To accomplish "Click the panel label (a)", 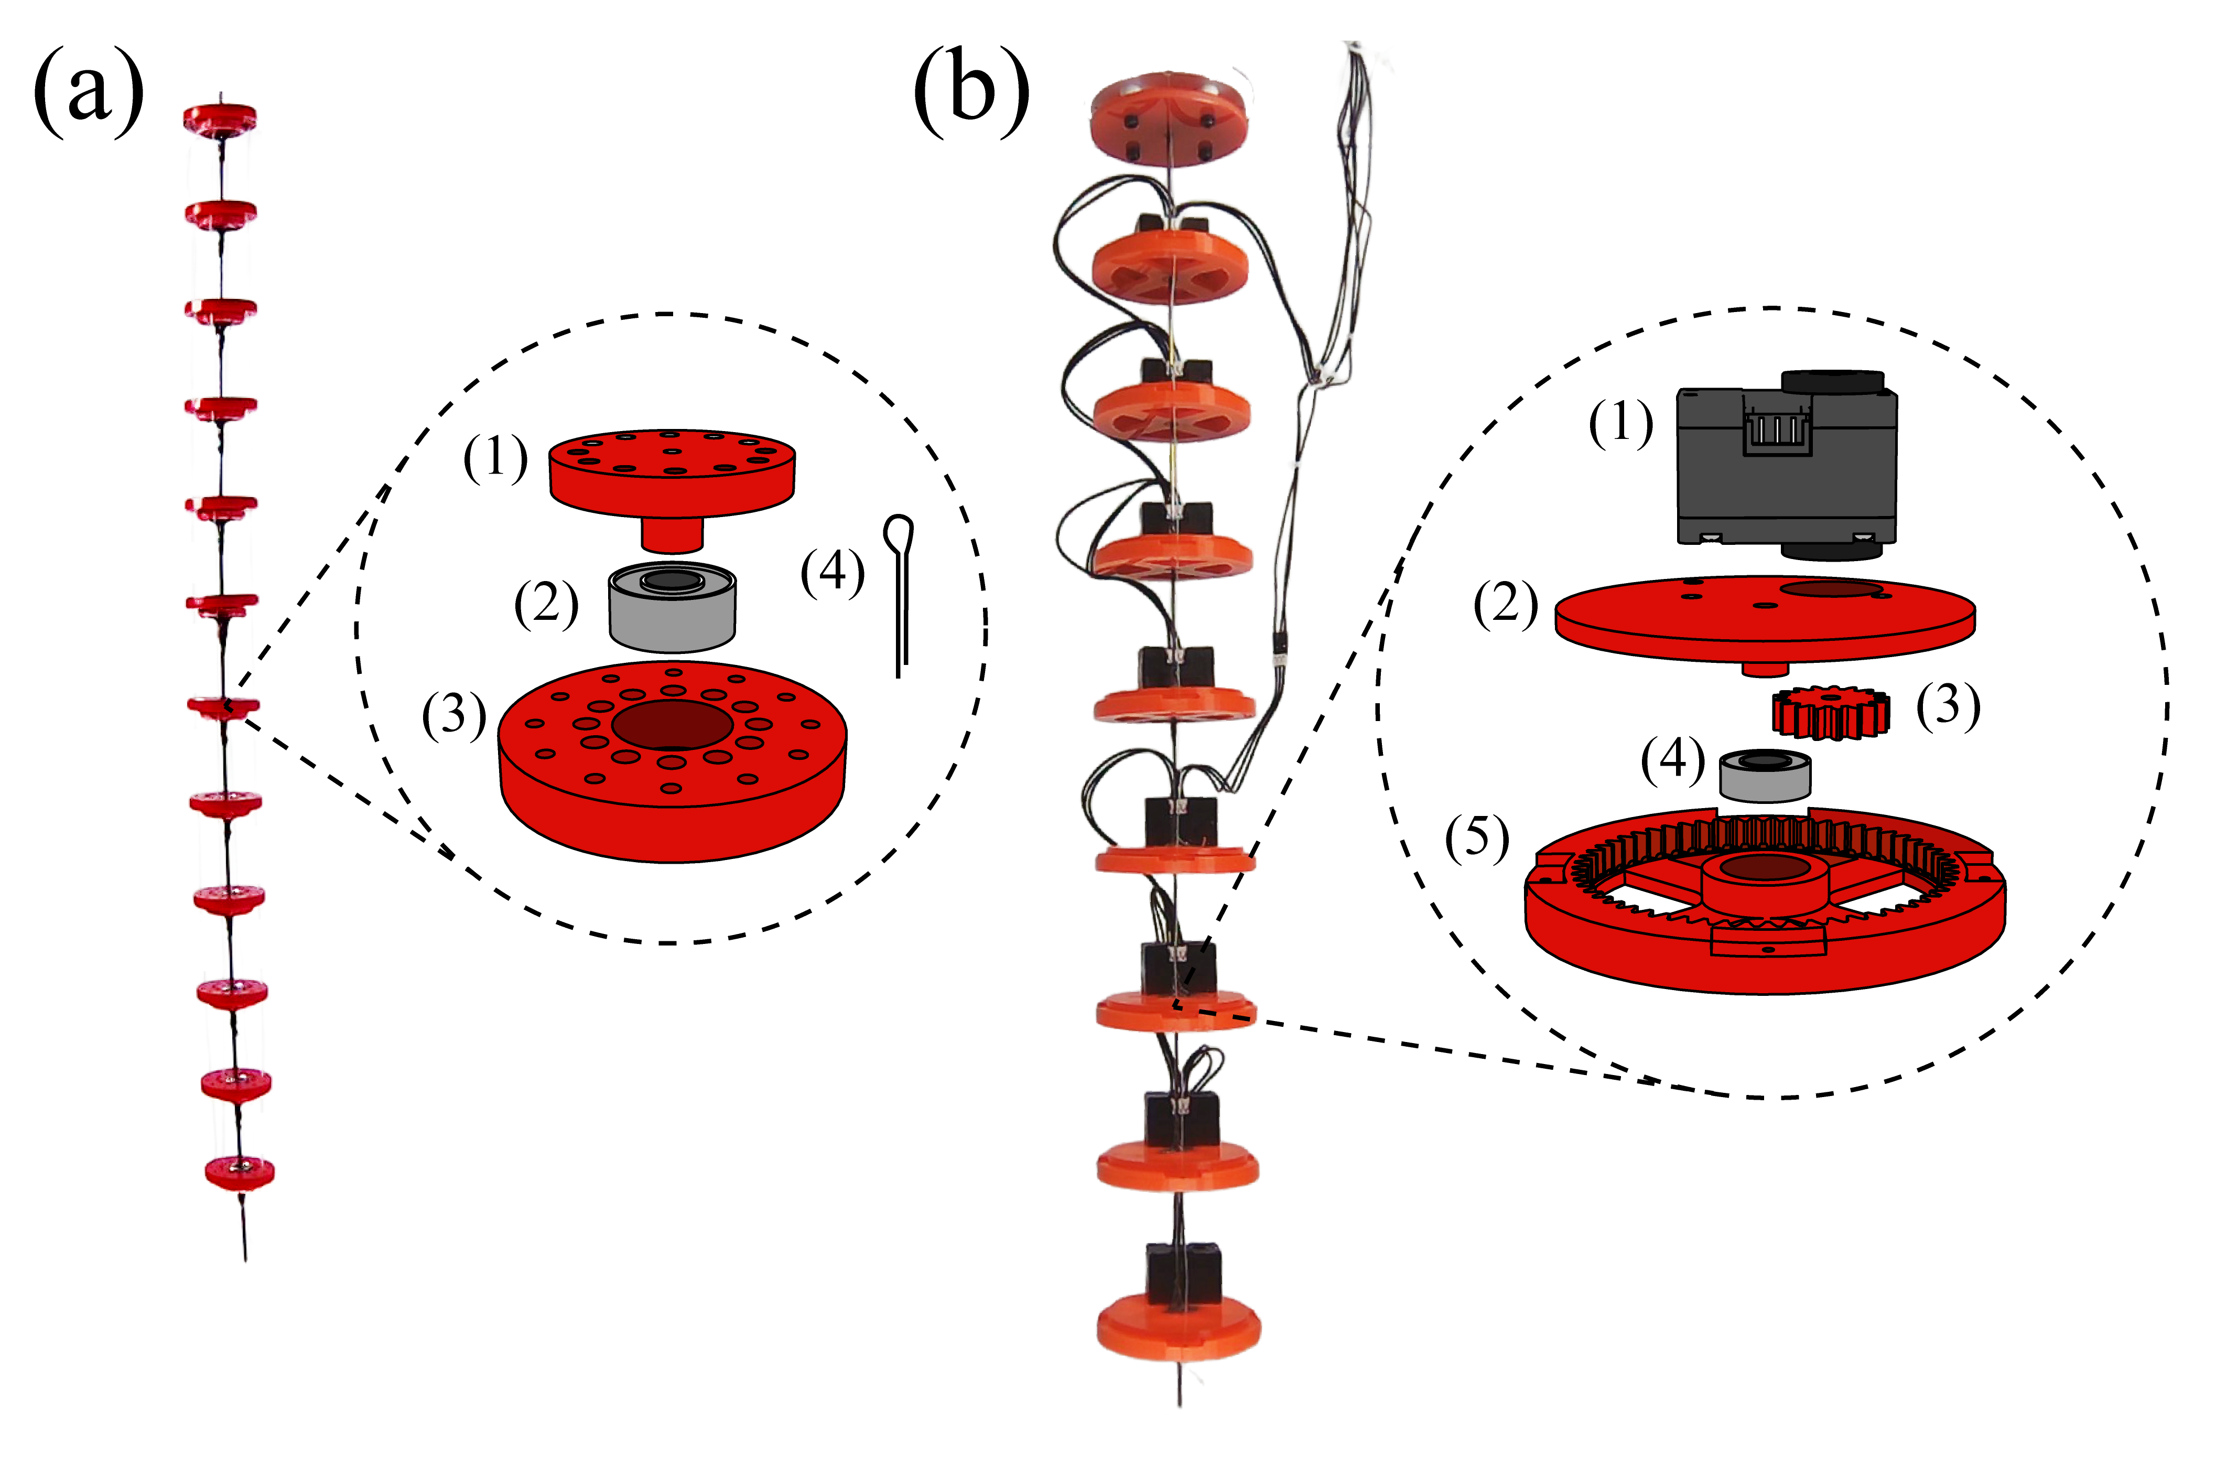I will (x=89, y=93).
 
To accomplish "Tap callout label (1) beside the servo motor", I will (x=1621, y=423).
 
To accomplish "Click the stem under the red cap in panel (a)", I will (x=672, y=536).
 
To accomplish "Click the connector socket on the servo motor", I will (x=1777, y=431).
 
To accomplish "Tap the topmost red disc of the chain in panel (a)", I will (x=220, y=119).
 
